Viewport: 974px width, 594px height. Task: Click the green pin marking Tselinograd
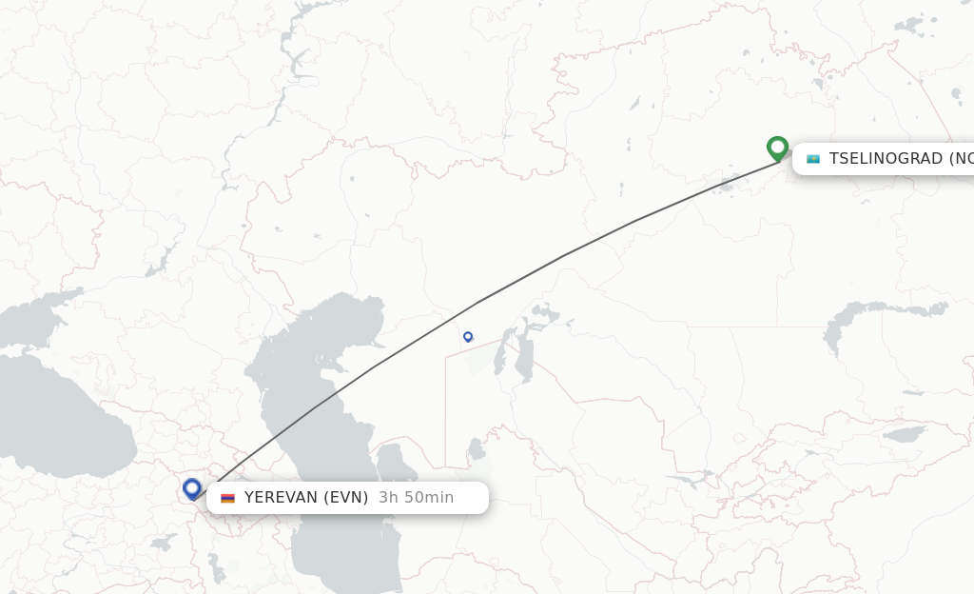tap(777, 148)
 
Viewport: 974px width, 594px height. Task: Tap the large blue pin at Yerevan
tap(192, 488)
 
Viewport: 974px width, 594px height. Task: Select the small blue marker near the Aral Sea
tap(468, 336)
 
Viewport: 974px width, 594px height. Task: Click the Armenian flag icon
tap(227, 498)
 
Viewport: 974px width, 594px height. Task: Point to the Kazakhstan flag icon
tap(813, 159)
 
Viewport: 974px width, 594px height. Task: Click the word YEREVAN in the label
tap(281, 498)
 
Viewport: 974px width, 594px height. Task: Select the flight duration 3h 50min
tap(417, 498)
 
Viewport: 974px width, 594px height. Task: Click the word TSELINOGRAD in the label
tap(886, 159)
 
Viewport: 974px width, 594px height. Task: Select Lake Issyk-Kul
tap(904, 434)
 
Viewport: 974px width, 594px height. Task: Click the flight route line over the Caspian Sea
tap(314, 408)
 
